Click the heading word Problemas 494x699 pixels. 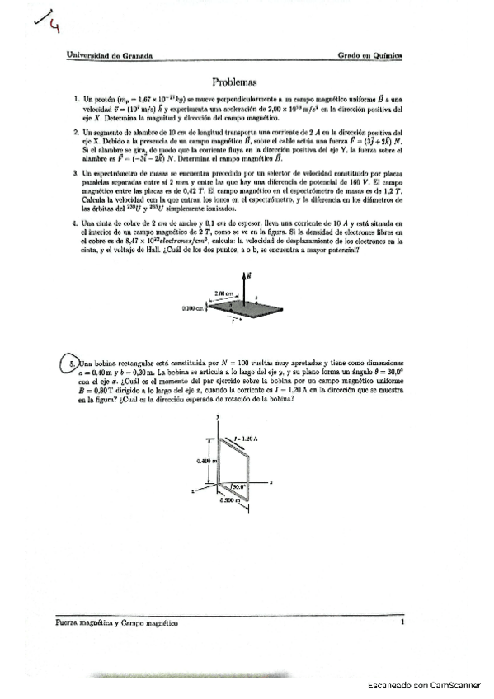[x=235, y=82]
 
